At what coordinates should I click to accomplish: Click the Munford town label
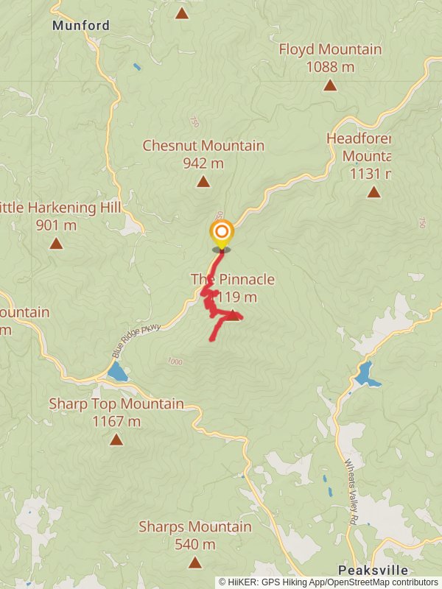[x=81, y=26]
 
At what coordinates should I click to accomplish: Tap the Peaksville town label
[x=372, y=571]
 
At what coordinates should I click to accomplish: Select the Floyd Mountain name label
[x=330, y=49]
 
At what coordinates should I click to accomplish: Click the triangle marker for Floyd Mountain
[x=330, y=85]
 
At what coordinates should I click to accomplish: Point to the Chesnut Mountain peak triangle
[x=203, y=181]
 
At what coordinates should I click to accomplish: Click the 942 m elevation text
[x=203, y=163]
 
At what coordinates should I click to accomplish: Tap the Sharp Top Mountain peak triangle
[x=116, y=440]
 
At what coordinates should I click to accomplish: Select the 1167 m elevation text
[x=116, y=421]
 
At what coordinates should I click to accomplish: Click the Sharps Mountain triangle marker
[x=194, y=562]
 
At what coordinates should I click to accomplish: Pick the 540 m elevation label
[x=194, y=545]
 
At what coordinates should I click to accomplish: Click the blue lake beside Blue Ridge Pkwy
[x=117, y=373]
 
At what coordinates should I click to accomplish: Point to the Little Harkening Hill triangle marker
[x=56, y=243]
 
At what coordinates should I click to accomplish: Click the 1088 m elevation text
[x=330, y=67]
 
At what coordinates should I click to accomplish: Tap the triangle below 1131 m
[x=374, y=192]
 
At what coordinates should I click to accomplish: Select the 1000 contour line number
[x=174, y=361]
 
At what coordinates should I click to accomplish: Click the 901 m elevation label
[x=56, y=225]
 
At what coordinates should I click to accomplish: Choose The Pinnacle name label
[x=233, y=279]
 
